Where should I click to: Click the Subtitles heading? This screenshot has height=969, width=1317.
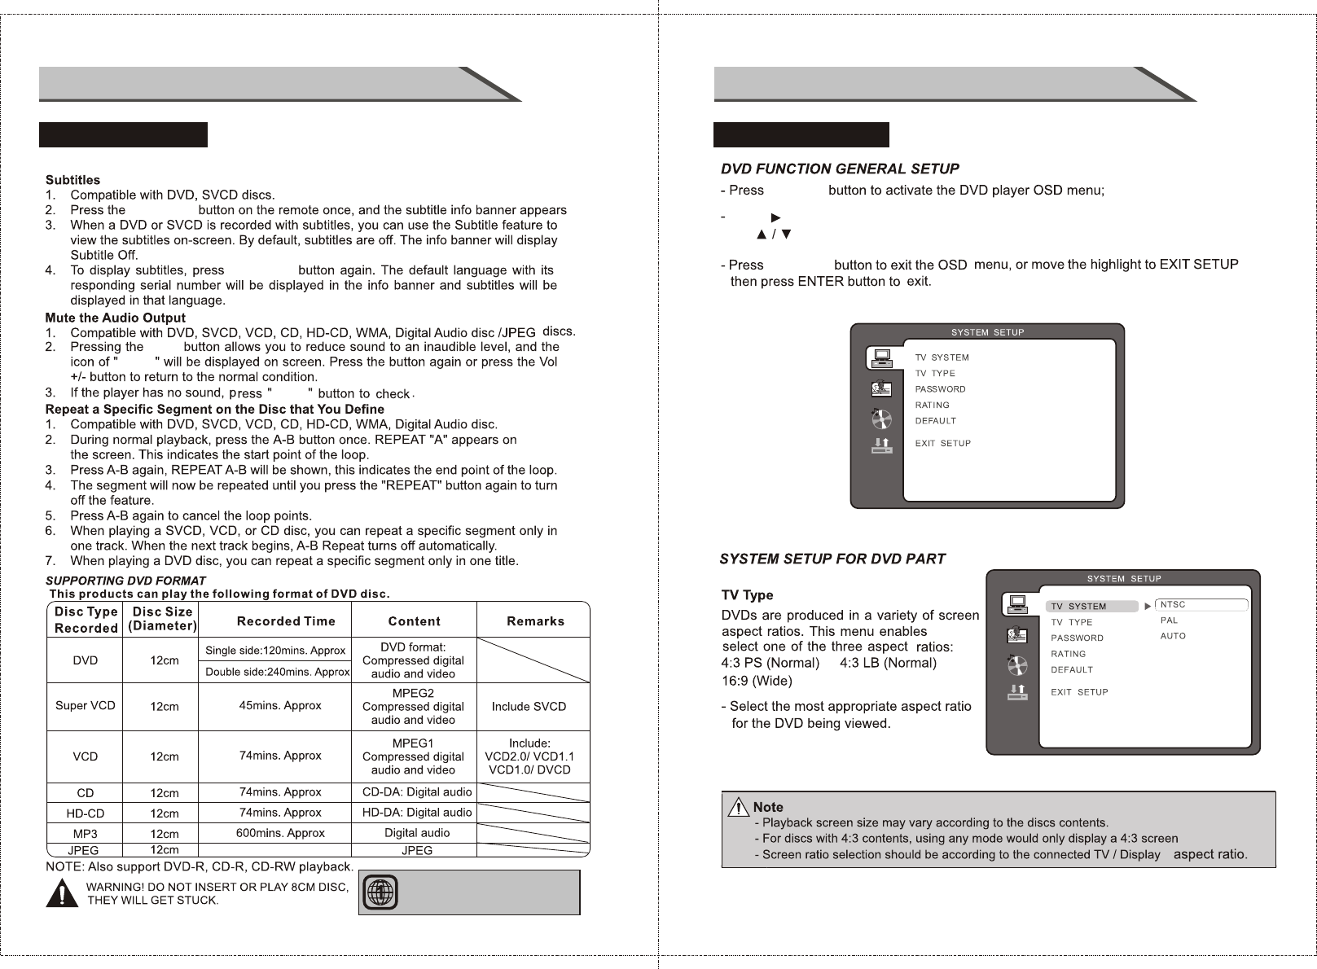click(x=72, y=180)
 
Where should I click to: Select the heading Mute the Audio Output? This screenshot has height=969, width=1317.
click(x=115, y=318)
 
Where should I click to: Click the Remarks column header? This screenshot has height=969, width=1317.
click(x=535, y=621)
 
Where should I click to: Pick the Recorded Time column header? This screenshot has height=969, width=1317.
click(x=286, y=621)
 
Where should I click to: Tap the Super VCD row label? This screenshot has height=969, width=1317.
click(x=85, y=705)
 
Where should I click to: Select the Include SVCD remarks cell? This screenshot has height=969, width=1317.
click(x=529, y=706)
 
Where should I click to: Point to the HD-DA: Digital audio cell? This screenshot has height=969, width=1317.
click(x=416, y=812)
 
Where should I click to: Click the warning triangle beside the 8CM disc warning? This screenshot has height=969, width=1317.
click(x=63, y=893)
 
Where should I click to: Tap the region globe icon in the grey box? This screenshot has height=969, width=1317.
click(x=379, y=892)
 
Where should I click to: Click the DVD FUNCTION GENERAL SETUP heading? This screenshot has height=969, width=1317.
click(x=840, y=169)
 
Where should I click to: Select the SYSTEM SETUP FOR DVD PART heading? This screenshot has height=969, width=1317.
click(x=832, y=559)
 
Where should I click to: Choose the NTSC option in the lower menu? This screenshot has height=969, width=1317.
click(x=1173, y=605)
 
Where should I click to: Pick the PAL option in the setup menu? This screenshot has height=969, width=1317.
click(x=1169, y=620)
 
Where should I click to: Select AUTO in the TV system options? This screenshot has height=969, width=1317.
click(x=1173, y=636)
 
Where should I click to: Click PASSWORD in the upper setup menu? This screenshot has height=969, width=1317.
click(x=940, y=389)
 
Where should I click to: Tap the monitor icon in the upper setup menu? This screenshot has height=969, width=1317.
click(x=880, y=357)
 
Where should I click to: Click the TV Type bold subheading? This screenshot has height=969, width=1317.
click(x=747, y=595)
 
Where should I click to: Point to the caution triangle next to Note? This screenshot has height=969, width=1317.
click(x=738, y=808)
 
